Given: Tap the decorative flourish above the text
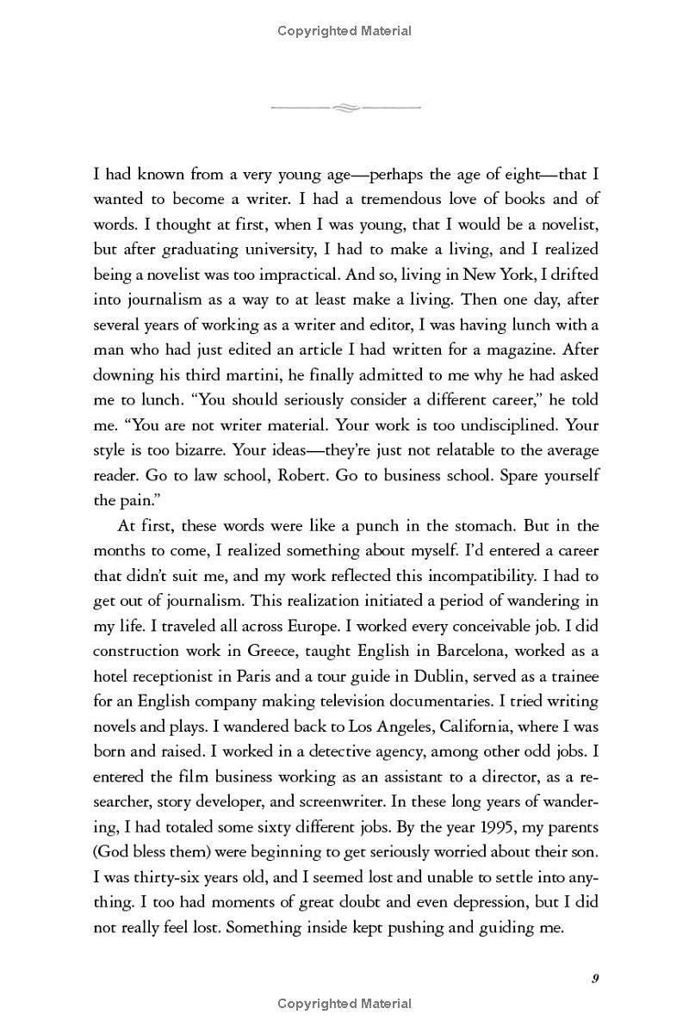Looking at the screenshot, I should click(x=344, y=108).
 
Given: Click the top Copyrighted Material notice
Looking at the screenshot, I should click(x=344, y=31).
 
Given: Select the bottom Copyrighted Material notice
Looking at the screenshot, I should click(x=344, y=1003).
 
